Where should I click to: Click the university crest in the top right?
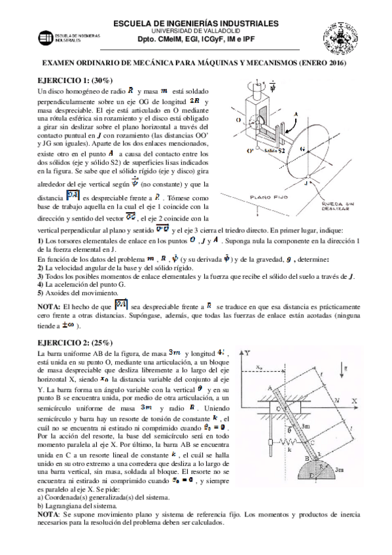pos(340,29)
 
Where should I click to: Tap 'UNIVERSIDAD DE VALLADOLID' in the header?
pos(196,31)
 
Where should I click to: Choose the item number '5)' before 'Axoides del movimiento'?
pos(41,293)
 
